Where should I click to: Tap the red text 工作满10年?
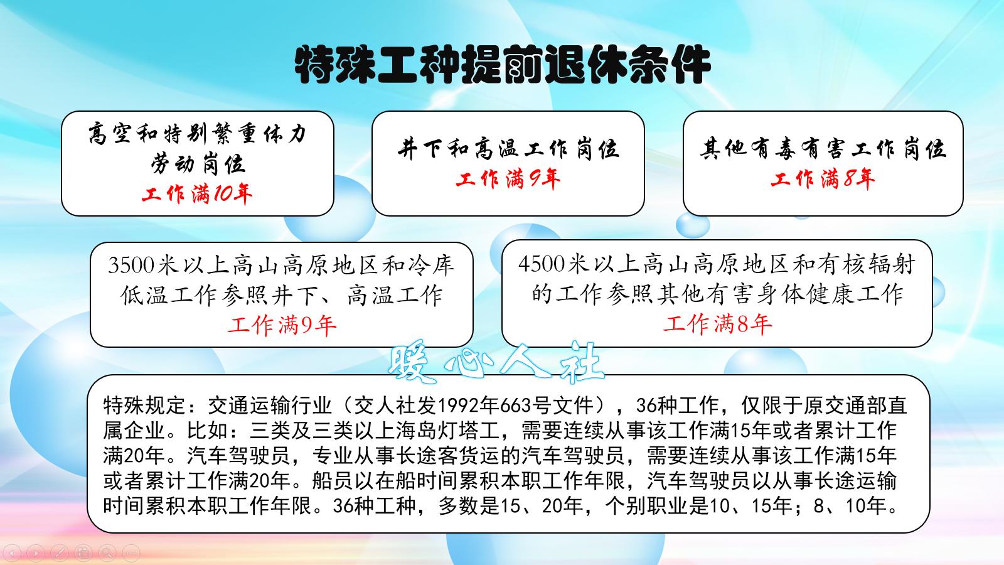tap(197, 194)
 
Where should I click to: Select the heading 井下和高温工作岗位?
tap(508, 149)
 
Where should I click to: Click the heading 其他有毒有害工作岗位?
tap(823, 149)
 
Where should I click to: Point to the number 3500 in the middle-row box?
tap(131, 266)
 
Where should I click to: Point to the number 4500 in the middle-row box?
tap(541, 264)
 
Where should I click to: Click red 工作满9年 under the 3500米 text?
tap(282, 325)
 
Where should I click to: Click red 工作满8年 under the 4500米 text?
tap(717, 324)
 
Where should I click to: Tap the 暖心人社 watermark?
tap(496, 363)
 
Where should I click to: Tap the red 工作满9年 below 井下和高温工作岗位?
tap(508, 180)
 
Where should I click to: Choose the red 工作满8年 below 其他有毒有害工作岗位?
tap(823, 180)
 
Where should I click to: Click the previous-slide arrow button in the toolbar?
tap(12, 552)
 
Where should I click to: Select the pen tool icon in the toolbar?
tap(60, 552)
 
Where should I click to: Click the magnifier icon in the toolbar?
tap(107, 552)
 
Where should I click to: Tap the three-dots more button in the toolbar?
tap(131, 552)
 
